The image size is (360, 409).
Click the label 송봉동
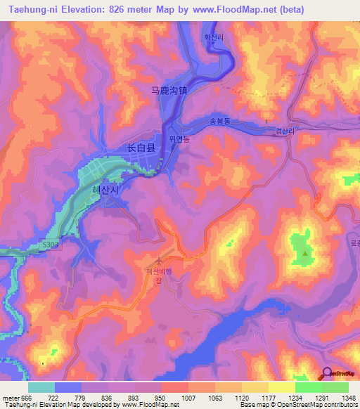click(220, 121)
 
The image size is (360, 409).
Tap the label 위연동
click(179, 139)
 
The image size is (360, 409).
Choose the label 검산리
click(285, 131)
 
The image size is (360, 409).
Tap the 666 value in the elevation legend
click(27, 398)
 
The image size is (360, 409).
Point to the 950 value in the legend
click(161, 398)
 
